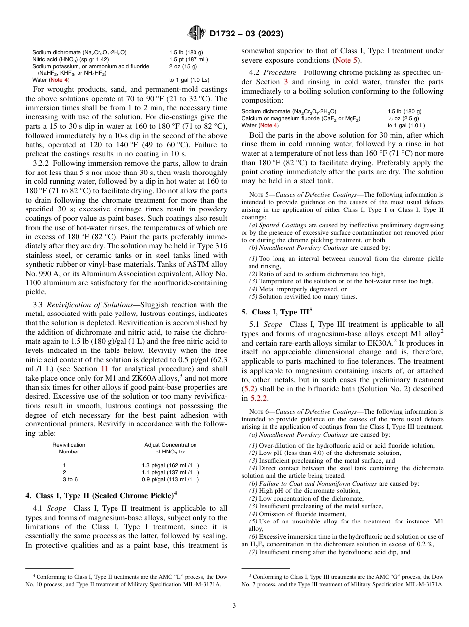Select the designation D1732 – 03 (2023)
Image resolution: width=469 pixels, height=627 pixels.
coord(246,34)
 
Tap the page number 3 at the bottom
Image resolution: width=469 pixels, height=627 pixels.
coord(234,605)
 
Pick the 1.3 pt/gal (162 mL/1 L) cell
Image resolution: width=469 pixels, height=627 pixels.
coord(170,465)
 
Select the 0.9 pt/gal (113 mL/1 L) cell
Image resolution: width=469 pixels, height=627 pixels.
coord(170,479)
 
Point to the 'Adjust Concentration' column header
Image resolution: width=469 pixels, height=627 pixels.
coord(170,445)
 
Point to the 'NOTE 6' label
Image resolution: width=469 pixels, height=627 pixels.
coord(257,412)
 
